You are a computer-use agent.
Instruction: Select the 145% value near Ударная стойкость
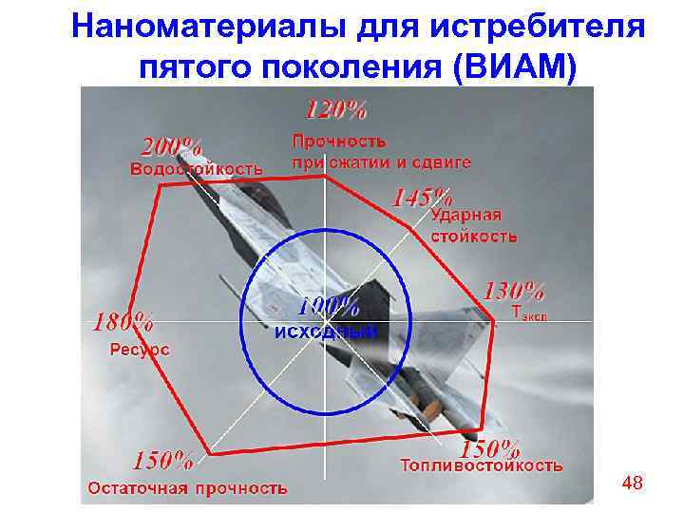coord(422,198)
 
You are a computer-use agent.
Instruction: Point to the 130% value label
coord(515,290)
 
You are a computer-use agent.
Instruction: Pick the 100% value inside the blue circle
coord(328,307)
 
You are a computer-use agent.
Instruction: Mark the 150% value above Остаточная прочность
coord(163,461)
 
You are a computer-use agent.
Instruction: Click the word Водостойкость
coord(196,169)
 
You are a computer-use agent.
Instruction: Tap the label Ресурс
coord(140,349)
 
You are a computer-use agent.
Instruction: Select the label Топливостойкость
coord(482,465)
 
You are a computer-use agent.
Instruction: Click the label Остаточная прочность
coord(187,488)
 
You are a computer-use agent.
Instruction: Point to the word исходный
coord(326,332)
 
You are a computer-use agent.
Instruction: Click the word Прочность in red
coord(339,141)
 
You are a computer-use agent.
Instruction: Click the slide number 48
coord(632,484)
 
